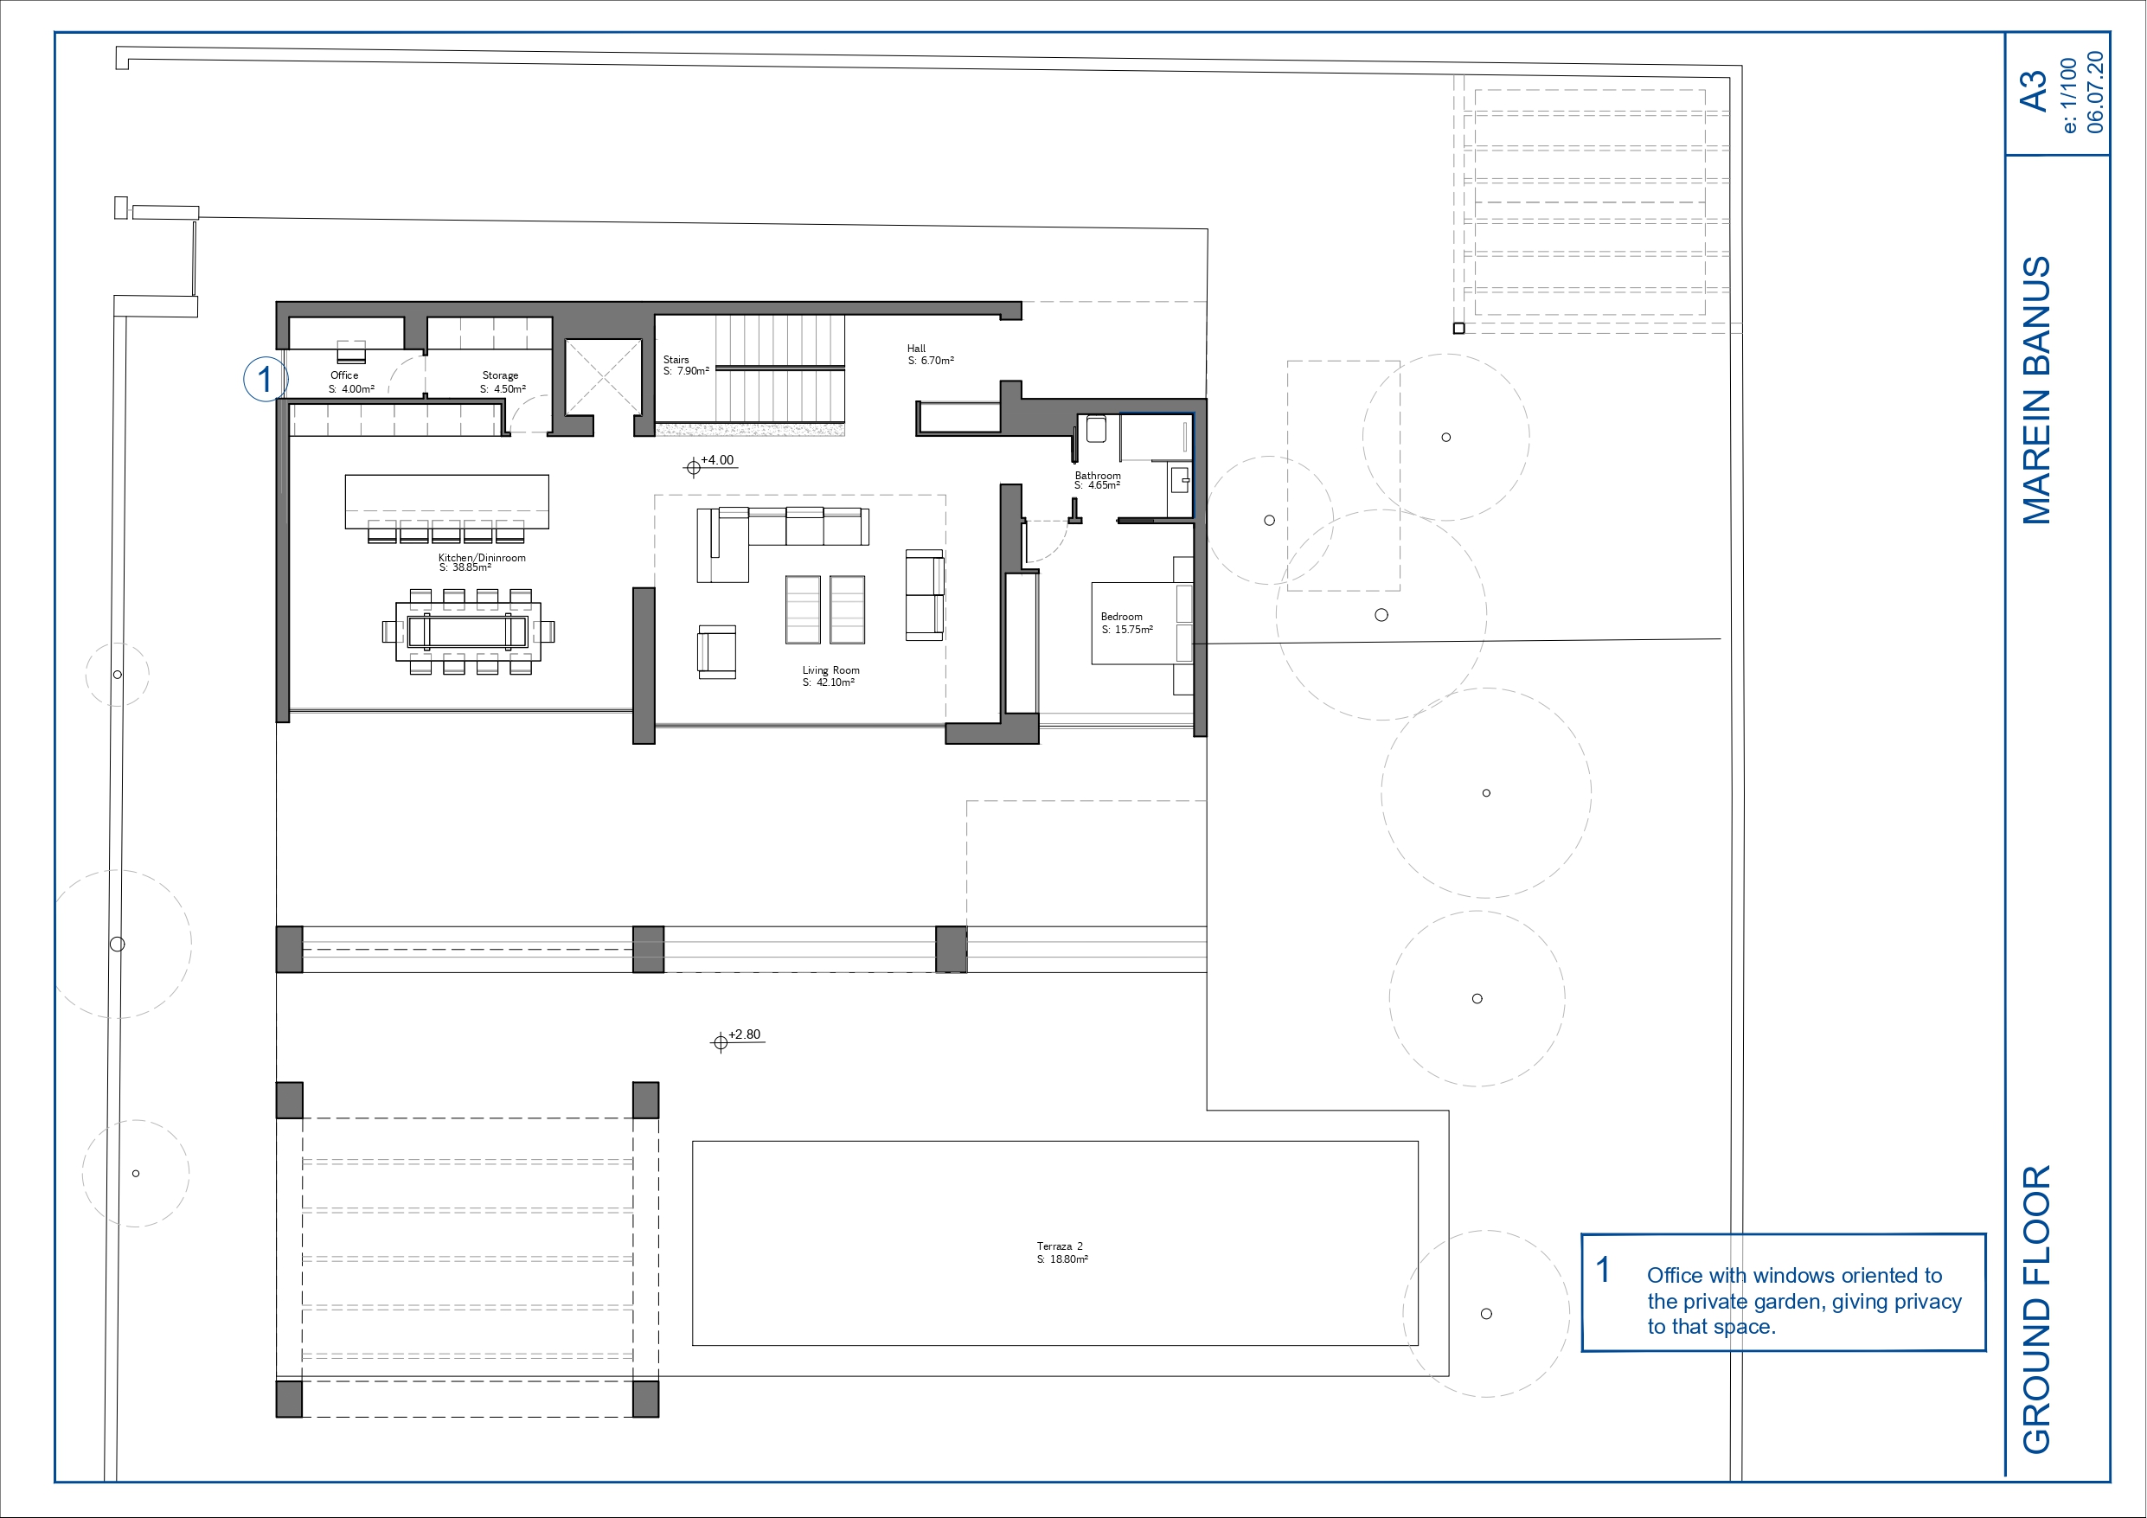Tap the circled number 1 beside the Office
click(x=266, y=379)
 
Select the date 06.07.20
click(x=2096, y=92)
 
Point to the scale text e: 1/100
click(x=2068, y=95)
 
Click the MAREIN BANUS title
click(x=2035, y=390)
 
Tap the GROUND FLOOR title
click(x=2035, y=1310)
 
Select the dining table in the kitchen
click(x=468, y=632)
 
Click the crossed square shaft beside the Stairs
click(x=603, y=377)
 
